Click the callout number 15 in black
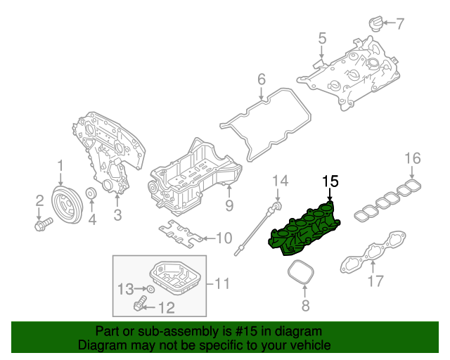pyautogui.click(x=330, y=181)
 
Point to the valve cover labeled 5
pyautogui.click(x=352, y=74)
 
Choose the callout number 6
pyautogui.click(x=261, y=79)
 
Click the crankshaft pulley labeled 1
pyautogui.click(x=68, y=204)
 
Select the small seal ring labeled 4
pyautogui.click(x=91, y=194)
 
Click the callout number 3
pyautogui.click(x=117, y=214)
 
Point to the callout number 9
pyautogui.click(x=229, y=205)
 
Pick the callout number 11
pyautogui.click(x=222, y=284)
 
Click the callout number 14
pyautogui.click(x=280, y=181)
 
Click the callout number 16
pyautogui.click(x=412, y=157)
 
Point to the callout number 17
pyautogui.click(x=375, y=283)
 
